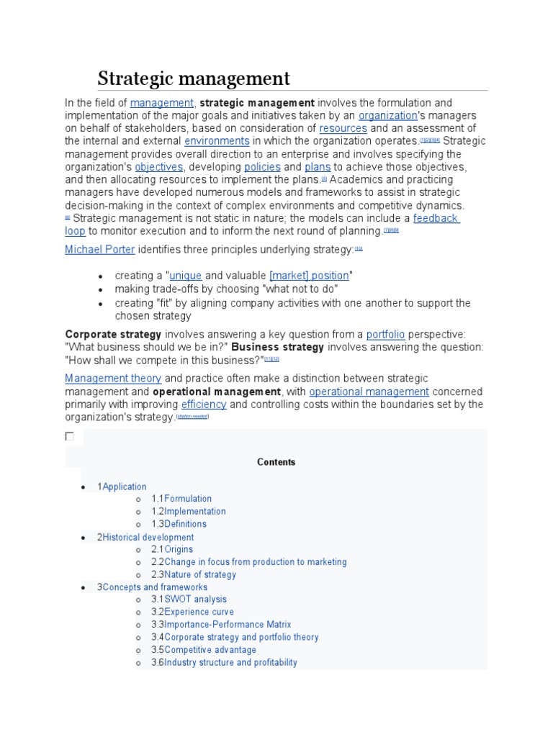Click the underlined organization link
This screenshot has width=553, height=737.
388,115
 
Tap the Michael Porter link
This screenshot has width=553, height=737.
99,249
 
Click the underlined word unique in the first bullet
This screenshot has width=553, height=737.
186,276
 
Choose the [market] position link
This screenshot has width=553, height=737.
310,276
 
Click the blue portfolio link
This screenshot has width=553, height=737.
385,334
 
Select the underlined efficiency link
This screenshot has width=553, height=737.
204,404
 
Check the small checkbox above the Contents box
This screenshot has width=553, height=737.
69,436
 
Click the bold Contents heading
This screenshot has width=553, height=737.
276,462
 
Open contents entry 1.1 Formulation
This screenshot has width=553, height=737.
187,499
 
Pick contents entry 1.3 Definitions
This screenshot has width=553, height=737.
185,524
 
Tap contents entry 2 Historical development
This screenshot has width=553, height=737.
148,537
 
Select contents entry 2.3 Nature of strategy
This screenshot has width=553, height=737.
199,574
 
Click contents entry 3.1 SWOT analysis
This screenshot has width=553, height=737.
194,599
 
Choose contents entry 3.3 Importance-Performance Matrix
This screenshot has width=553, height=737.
227,625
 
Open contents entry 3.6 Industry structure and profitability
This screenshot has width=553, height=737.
230,662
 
